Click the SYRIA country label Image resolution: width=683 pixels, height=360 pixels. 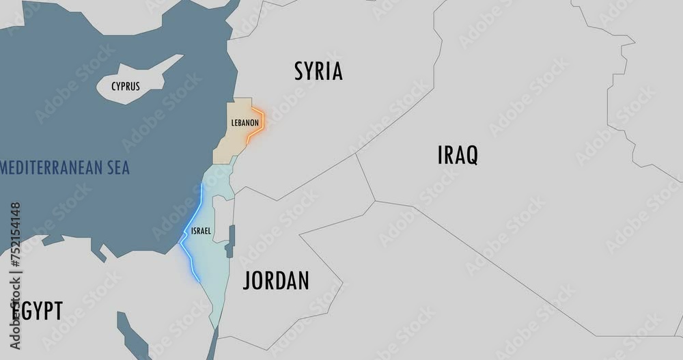click(318, 71)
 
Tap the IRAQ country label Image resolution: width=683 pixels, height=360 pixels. click(457, 155)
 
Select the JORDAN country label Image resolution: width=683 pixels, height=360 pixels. click(276, 280)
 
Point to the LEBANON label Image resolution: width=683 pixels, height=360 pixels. click(245, 123)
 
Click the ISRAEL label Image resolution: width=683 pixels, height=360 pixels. click(201, 230)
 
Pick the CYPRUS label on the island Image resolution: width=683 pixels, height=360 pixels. click(126, 86)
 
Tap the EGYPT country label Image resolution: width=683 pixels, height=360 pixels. click(38, 311)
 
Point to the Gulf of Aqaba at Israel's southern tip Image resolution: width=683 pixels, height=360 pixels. click(213, 342)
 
